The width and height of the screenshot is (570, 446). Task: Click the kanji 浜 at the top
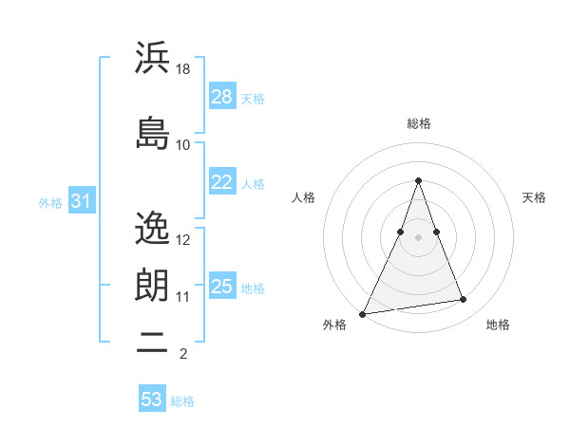click(152, 58)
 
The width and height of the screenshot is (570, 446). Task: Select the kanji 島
click(152, 132)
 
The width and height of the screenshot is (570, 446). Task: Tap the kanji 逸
click(152, 228)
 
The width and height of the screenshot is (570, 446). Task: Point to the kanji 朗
click(152, 285)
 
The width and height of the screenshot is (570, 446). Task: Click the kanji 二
click(152, 344)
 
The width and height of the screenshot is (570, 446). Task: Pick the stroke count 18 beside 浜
click(183, 69)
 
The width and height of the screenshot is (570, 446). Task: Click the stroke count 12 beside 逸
click(183, 239)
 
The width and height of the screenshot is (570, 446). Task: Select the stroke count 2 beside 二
click(182, 355)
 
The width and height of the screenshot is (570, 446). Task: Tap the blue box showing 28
click(222, 96)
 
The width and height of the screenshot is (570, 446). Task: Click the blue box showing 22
click(222, 182)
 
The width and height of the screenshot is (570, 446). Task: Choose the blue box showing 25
click(222, 286)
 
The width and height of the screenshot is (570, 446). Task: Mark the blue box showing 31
click(81, 201)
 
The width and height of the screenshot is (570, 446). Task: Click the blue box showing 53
click(152, 400)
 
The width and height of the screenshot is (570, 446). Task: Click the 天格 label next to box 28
click(253, 98)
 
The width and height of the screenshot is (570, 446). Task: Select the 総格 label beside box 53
click(182, 401)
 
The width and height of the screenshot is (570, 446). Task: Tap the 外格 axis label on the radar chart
click(334, 325)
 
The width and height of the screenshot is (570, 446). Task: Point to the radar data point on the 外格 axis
click(363, 313)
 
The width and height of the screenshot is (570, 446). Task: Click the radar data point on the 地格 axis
click(464, 300)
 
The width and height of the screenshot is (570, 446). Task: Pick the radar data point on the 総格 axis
click(418, 180)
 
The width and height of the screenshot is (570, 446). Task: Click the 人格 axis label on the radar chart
click(303, 197)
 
